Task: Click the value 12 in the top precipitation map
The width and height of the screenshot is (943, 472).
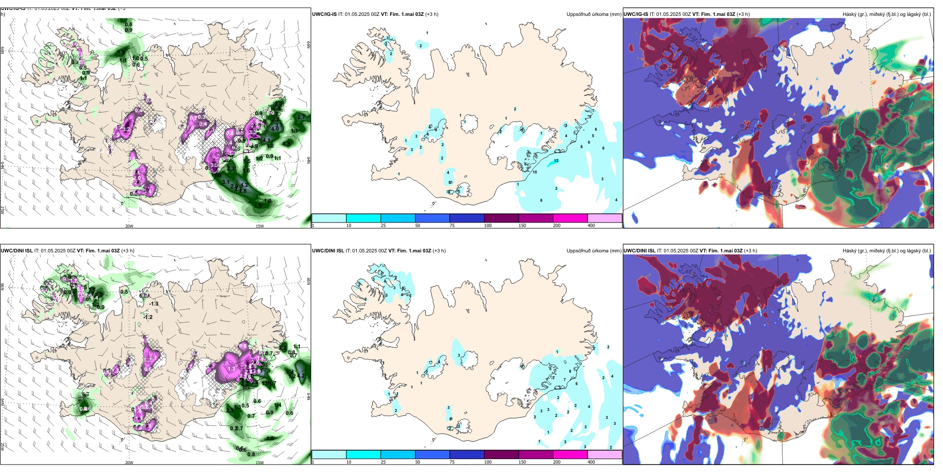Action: [556, 160]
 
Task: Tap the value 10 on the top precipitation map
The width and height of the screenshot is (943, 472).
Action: [535, 172]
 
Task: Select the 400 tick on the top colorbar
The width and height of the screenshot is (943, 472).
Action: [591, 226]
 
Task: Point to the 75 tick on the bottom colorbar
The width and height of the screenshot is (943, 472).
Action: [452, 462]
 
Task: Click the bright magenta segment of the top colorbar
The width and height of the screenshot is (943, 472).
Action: [570, 218]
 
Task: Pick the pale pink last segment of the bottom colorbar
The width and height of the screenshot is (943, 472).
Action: [605, 455]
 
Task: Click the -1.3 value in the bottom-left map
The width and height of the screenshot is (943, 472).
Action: [154, 304]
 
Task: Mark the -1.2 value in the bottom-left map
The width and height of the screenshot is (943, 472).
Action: [148, 317]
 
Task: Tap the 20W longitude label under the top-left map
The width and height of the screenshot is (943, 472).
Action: [129, 226]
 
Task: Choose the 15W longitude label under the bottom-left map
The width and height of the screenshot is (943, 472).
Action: [260, 463]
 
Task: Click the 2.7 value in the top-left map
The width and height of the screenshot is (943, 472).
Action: [301, 117]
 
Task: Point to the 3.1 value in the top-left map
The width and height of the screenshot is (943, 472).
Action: [225, 182]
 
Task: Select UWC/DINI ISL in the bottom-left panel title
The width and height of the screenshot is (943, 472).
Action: [16, 251]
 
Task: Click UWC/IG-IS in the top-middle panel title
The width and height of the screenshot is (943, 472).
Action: [324, 14]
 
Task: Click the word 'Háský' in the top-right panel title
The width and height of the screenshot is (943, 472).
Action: [850, 14]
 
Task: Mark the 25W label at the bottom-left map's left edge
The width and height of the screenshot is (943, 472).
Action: [2, 447]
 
